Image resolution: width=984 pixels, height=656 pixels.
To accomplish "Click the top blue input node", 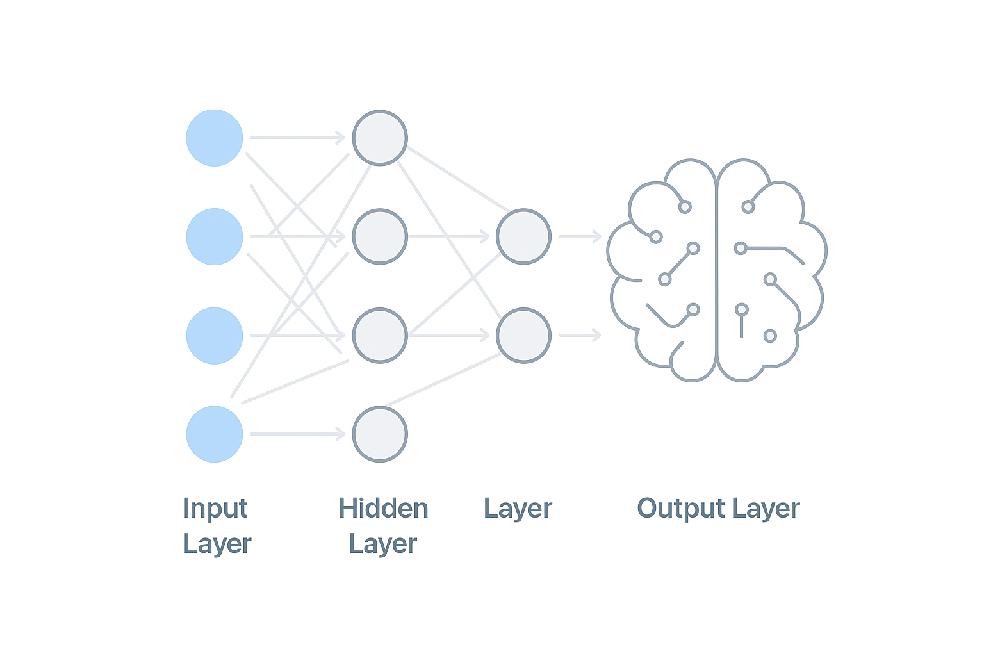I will (x=215, y=138).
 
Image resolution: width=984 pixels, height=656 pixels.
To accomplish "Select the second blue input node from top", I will (x=215, y=236).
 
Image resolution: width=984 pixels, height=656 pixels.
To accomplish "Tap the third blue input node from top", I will (x=215, y=336).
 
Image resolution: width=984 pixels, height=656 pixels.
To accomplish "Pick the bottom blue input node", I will (x=215, y=434).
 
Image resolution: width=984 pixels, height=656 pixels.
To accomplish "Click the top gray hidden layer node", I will (x=380, y=138).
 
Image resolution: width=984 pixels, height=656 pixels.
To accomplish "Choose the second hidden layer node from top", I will (x=380, y=236).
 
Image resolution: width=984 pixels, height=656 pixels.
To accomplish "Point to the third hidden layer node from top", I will (x=380, y=336).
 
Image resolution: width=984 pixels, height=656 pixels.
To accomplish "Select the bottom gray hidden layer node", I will (x=380, y=434).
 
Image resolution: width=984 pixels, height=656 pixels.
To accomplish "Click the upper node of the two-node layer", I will (x=523, y=236).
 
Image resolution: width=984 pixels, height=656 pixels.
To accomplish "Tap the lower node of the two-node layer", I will (x=523, y=336).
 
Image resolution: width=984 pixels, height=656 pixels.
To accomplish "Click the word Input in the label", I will (x=215, y=509).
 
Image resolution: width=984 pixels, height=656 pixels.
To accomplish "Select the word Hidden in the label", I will (x=383, y=509).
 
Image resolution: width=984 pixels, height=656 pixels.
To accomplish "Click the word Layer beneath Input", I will (x=217, y=544).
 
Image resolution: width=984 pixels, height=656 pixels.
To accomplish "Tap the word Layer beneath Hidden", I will (x=383, y=544).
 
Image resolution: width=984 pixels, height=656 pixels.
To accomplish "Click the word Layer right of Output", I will (x=766, y=509).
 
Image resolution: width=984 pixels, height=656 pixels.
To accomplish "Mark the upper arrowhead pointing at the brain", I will (x=596, y=236).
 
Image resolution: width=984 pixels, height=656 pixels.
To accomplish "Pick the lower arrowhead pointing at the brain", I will (x=596, y=335).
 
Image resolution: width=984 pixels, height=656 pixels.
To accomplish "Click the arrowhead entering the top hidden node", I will (x=340, y=137).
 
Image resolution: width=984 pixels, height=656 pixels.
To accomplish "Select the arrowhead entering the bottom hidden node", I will (x=340, y=434).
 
